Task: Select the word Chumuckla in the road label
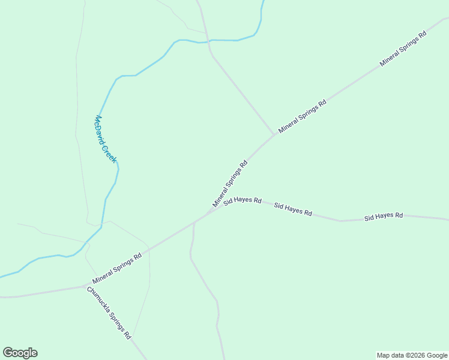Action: [97, 301]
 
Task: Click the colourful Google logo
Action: [20, 353]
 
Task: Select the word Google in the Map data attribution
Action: [437, 355]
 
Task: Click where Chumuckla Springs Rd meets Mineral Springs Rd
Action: [85, 286]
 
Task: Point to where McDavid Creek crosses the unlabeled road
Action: [208, 41]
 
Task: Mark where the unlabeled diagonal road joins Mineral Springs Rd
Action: [274, 134]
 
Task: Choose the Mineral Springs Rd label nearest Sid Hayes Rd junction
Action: [230, 184]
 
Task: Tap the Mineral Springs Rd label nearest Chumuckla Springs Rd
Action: [117, 268]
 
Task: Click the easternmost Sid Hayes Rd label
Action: [384, 216]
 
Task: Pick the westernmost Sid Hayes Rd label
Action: [243, 201]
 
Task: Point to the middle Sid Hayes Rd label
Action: [293, 209]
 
